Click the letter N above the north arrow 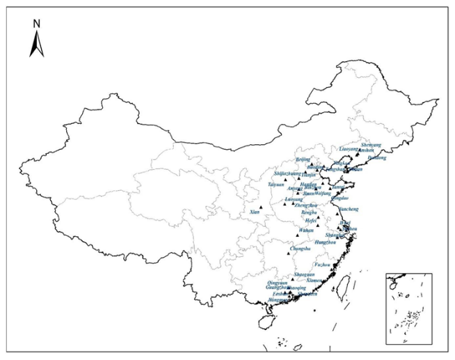[x=37, y=23]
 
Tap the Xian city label [x=255, y=212]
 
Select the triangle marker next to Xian [x=261, y=207]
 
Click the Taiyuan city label [x=276, y=185]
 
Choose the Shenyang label [x=372, y=144]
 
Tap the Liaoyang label [x=348, y=149]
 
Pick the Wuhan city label [x=306, y=230]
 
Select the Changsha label [x=300, y=248]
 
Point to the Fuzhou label [x=322, y=265]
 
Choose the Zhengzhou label [x=305, y=206]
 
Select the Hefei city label [x=310, y=221]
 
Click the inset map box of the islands [x=409, y=309]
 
